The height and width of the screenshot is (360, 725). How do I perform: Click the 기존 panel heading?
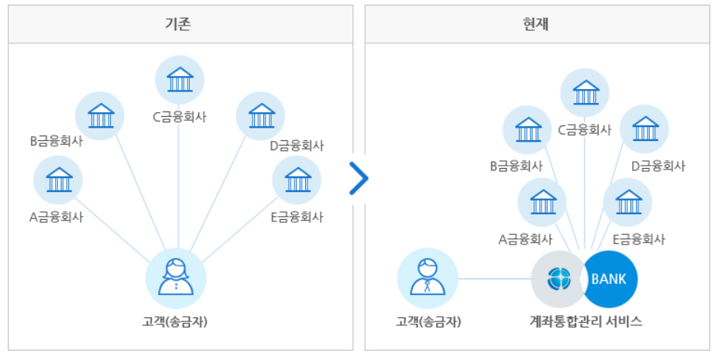point(180,24)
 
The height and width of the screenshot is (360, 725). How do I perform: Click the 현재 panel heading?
point(537,24)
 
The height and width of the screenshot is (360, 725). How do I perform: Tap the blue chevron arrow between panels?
point(359,179)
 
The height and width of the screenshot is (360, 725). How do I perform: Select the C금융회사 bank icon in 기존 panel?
point(180,80)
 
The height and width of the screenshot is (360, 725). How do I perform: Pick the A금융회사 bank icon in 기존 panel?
point(58,180)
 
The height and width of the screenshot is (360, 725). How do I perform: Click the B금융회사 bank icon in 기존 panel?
point(100,116)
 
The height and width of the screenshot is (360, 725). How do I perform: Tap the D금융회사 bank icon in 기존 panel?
point(260,116)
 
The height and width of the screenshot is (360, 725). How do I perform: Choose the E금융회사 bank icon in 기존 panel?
point(297,180)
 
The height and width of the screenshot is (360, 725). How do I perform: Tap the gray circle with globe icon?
point(558,279)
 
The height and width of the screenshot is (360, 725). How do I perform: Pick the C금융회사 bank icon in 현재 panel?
point(585,93)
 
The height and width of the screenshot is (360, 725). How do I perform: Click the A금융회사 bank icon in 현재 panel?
point(542,202)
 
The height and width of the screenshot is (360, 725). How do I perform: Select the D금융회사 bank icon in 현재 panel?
point(644,129)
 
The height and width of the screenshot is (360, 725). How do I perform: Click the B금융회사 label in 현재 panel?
point(515,166)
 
